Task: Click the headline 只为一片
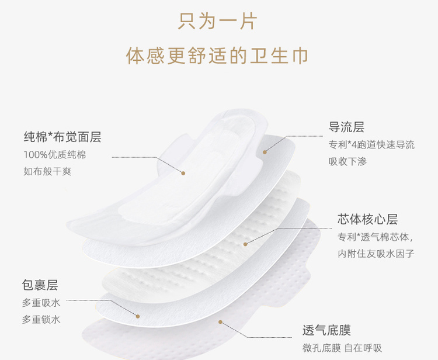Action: (x=218, y=22)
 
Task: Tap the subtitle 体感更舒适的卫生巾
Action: (x=218, y=56)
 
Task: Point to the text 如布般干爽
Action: (x=47, y=171)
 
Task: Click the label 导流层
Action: (x=346, y=127)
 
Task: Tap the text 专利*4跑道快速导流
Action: (x=371, y=145)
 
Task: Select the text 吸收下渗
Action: (x=347, y=161)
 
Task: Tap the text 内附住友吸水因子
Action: (x=376, y=254)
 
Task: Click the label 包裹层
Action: (x=40, y=285)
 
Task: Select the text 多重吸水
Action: (x=41, y=303)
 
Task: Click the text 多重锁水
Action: (x=41, y=319)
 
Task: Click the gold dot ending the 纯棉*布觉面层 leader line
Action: (x=183, y=173)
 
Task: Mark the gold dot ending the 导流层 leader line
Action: (x=264, y=152)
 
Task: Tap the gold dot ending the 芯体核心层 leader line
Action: (x=245, y=243)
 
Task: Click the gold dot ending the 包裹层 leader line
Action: (x=138, y=316)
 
